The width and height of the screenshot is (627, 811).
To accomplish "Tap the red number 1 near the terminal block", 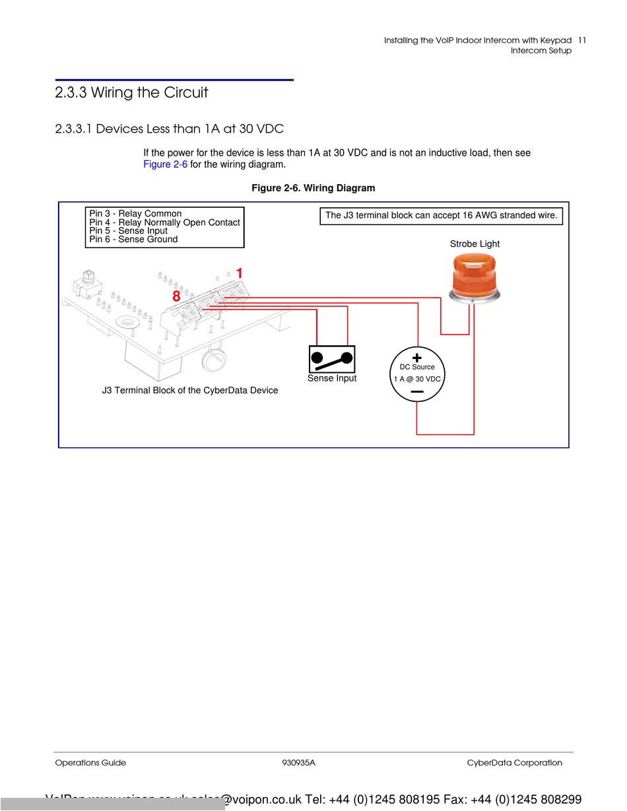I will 240,273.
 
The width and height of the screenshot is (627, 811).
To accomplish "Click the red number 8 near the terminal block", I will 176,297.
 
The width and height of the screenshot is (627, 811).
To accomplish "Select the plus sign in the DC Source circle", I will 417,356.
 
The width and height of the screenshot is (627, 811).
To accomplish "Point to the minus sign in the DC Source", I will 417,392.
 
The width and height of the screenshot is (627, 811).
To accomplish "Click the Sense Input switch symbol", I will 332,359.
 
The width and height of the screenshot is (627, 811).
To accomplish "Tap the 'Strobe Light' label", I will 475,244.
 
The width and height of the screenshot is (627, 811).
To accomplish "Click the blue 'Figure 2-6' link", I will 165,164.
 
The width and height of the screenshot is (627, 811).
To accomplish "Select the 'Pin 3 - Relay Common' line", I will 135,214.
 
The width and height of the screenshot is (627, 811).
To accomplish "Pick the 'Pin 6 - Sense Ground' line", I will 133,239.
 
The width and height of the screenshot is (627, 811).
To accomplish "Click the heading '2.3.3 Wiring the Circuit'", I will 131,93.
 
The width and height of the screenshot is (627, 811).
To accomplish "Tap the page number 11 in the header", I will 581,40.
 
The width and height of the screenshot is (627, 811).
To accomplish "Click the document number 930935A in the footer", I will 298,763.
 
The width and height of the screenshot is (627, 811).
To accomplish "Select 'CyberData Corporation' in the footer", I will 514,763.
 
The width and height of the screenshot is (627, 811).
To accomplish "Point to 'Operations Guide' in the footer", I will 90,763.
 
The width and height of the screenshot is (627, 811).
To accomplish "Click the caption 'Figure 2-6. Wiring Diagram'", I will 313,188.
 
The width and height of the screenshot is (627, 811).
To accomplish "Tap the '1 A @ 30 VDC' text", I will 417,379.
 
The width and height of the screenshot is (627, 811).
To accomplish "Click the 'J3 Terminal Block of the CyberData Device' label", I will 189,391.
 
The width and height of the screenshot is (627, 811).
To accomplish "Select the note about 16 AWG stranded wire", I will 441,215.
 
